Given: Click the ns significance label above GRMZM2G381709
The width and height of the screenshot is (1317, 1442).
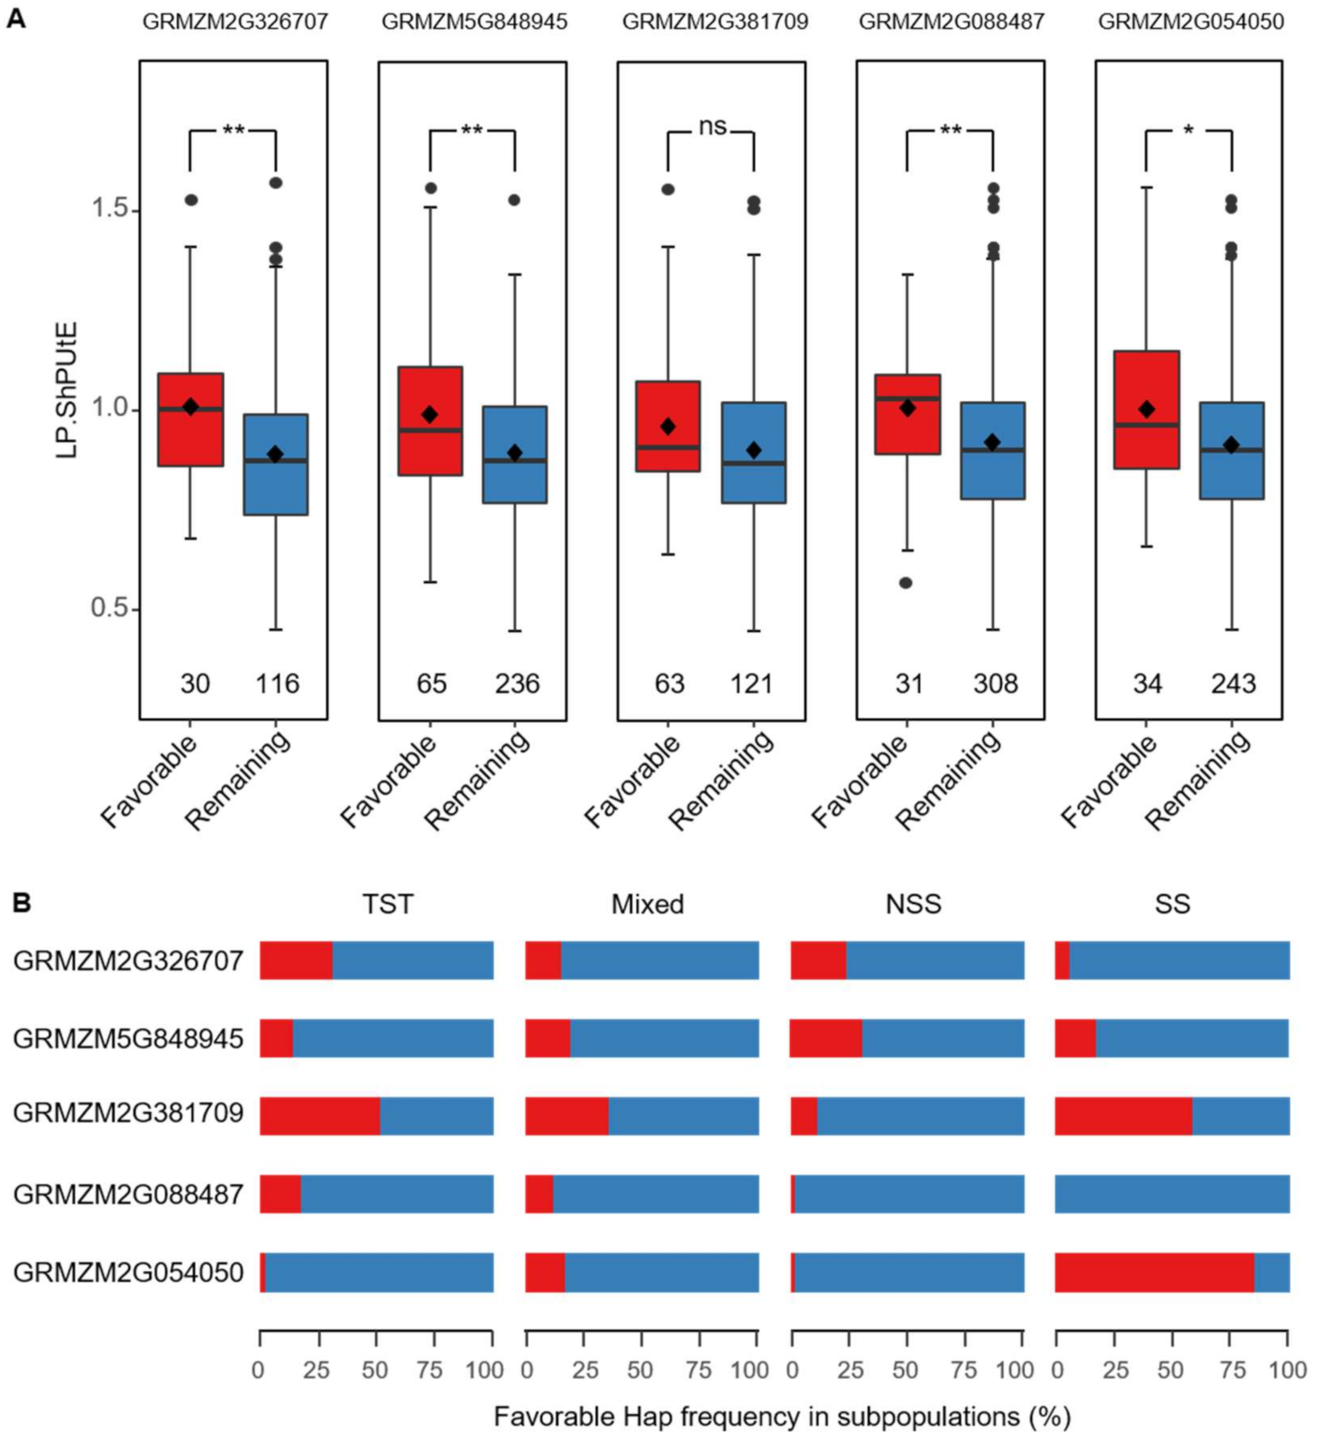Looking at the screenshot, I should coord(712,126).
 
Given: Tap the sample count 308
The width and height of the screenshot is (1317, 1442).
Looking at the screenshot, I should coord(995,684).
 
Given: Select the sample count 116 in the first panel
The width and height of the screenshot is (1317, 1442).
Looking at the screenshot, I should coord(277,684).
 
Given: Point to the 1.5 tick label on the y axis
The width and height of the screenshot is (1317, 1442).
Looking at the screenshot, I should coord(109,208).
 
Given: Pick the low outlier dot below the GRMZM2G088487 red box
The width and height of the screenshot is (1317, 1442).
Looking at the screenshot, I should coord(906,583).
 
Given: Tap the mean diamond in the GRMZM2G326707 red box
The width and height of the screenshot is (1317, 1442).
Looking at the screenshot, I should coord(190,407).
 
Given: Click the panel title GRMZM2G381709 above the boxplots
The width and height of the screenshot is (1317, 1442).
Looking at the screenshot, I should coord(714,21).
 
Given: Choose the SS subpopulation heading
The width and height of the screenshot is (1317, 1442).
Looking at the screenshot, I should coord(1171,904).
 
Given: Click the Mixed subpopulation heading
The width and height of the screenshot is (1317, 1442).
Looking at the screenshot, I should coord(647,904).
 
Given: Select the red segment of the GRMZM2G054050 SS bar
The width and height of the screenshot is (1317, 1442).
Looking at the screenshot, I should coord(1154,1272).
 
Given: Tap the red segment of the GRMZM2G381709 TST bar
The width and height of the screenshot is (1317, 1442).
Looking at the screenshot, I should coord(319,1116).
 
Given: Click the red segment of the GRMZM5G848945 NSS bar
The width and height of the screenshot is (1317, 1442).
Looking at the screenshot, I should coord(825,1038).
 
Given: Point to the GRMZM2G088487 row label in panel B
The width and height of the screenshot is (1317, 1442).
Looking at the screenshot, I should coord(128,1194).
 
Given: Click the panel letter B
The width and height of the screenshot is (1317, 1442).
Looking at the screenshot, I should coord(21,903).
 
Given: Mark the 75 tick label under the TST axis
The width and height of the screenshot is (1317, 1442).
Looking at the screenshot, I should coord(429,1370).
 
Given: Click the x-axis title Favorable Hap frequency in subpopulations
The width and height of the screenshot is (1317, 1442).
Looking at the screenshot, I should coord(782,1417).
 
